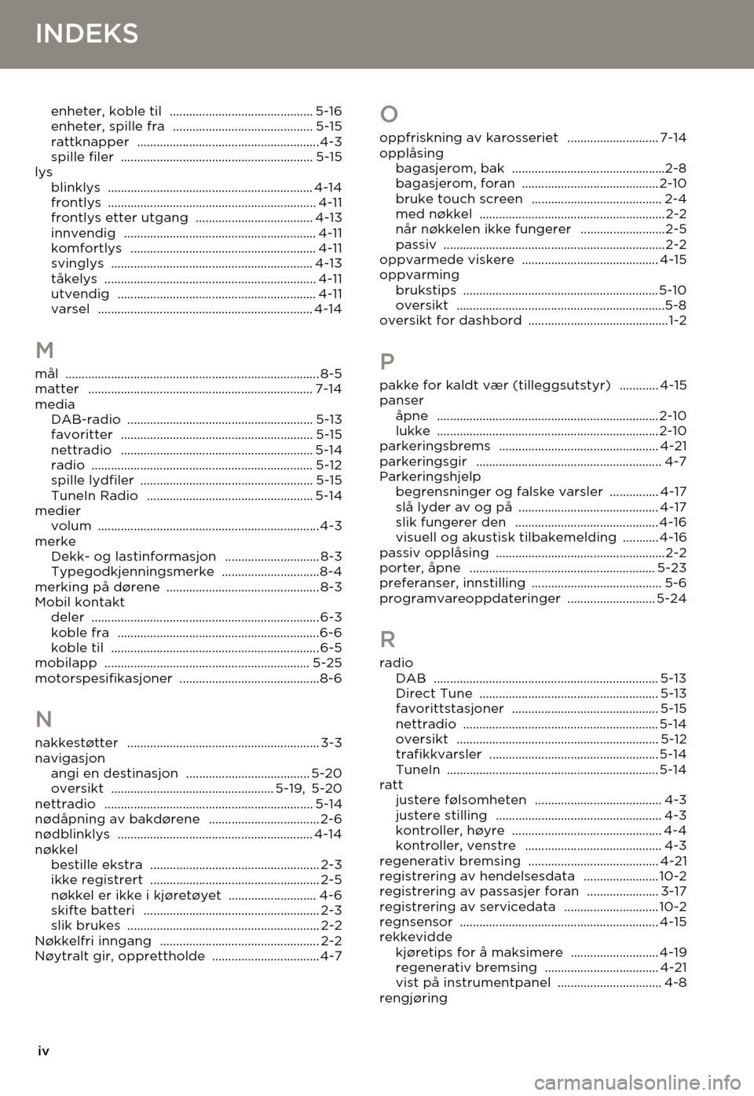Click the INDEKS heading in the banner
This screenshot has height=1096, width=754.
click(87, 34)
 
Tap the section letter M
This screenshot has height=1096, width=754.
click(45, 350)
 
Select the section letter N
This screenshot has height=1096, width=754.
click(44, 719)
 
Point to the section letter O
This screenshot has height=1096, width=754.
click(389, 115)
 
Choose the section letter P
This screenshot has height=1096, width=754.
click(387, 362)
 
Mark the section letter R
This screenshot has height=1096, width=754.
click(388, 638)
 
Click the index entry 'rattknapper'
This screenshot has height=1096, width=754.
click(90, 142)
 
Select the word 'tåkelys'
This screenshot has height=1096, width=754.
click(74, 279)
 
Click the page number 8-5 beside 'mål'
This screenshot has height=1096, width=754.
click(331, 374)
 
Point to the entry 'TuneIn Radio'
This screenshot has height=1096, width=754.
click(94, 495)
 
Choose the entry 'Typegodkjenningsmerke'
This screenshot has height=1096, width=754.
click(132, 572)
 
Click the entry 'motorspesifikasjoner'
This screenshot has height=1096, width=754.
click(104, 678)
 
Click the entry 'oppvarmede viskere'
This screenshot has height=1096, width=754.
click(447, 260)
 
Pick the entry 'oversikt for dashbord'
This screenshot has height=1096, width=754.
click(450, 320)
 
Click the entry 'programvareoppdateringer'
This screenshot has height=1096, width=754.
click(470, 598)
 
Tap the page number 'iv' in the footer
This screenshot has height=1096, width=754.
click(44, 1051)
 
